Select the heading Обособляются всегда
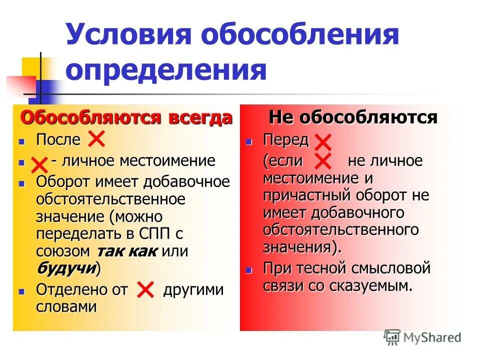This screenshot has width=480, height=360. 126,118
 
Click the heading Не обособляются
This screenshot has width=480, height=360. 353,117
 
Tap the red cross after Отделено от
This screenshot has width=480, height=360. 145,289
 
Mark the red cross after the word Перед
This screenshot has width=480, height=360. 323,142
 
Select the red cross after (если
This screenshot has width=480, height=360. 323,162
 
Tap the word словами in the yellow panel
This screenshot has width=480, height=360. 66,306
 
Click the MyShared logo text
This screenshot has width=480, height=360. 431,337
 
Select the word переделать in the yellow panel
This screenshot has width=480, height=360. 75,234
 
